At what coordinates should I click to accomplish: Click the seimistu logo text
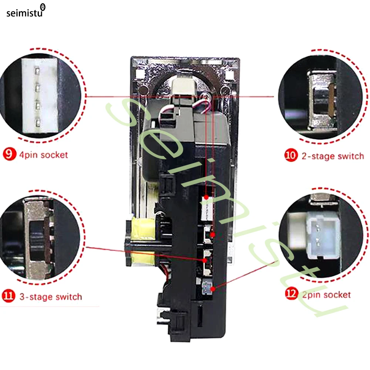click(24, 13)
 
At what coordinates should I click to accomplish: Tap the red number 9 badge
click(10, 154)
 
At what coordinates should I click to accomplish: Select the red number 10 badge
click(291, 155)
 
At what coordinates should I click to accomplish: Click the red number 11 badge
click(9, 296)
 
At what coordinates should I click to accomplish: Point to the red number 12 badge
click(292, 293)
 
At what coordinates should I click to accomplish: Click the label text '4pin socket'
click(43, 155)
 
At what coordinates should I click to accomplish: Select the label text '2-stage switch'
click(333, 156)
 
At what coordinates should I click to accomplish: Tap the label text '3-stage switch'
click(51, 297)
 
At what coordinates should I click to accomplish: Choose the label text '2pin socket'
click(327, 295)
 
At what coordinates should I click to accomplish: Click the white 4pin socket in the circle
click(40, 95)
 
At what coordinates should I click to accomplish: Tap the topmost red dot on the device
click(206, 197)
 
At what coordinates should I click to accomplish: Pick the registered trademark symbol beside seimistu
click(43, 7)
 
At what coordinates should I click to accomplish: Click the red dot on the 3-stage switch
click(205, 260)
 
